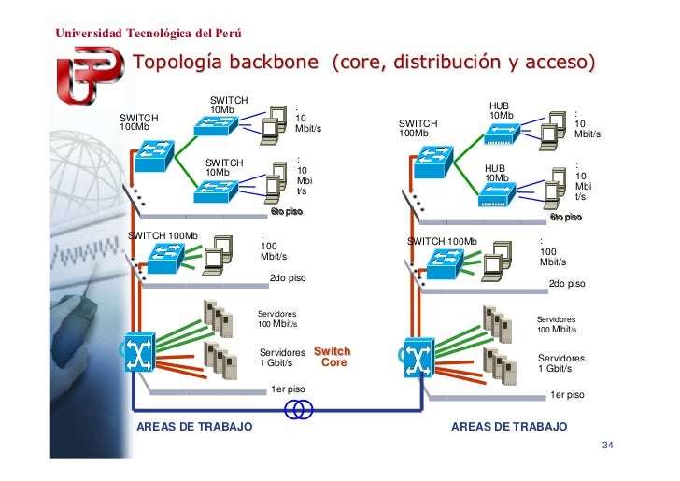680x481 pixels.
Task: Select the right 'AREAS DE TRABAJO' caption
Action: tap(509, 427)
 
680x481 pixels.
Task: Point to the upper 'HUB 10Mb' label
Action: tap(502, 110)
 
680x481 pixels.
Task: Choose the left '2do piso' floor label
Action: tap(287, 278)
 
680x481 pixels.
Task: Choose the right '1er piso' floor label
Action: tap(567, 394)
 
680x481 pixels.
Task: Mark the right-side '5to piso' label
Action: tap(565, 217)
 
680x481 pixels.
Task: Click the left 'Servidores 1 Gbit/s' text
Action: tap(282, 358)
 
